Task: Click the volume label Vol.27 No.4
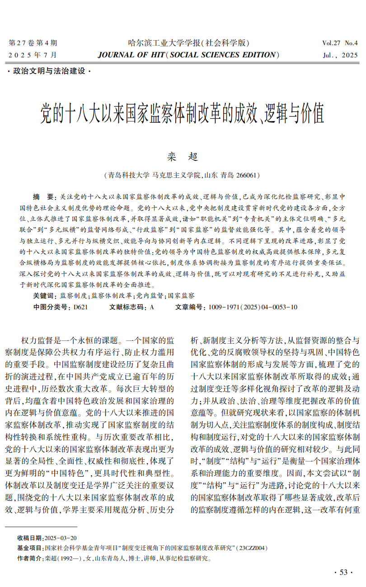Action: [340, 43]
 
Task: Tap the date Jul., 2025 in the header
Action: [340, 56]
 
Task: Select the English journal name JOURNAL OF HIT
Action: [131, 55]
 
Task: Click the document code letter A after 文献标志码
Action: [152, 307]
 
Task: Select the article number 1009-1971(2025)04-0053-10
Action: [253, 307]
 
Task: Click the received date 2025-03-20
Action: [61, 538]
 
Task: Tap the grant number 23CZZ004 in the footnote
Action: [253, 548]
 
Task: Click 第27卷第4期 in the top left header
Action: [33, 43]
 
